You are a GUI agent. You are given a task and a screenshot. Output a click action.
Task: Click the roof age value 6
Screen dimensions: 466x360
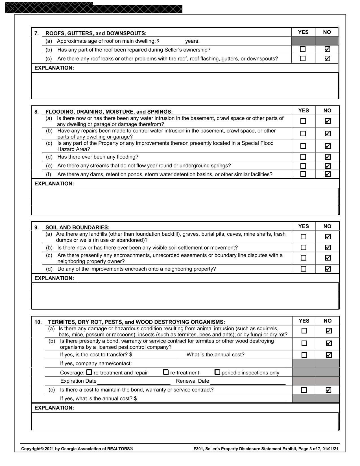tap(158, 41)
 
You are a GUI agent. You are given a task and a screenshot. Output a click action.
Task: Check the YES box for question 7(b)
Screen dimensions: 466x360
tap(303, 49)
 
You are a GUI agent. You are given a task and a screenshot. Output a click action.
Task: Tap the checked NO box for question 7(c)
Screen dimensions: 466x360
tap(327, 58)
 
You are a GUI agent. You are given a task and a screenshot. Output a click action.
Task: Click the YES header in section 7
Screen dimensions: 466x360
tap(303, 32)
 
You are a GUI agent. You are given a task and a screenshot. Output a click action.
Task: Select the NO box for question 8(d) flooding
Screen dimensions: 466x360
tap(328, 157)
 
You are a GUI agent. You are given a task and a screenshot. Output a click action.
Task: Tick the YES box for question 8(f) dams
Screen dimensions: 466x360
tap(303, 174)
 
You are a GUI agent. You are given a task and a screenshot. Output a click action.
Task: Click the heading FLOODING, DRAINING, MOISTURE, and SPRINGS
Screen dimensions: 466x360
tap(109, 112)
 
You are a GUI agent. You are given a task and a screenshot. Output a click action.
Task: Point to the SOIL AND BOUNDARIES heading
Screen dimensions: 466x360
tap(77, 227)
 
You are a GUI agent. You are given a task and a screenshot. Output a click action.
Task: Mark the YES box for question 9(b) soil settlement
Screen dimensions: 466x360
tap(304, 248)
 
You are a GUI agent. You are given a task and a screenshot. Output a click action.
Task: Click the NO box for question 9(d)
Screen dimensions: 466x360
tap(328, 269)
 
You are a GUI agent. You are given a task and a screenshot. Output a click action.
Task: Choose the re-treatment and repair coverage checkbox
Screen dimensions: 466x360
tap(89, 372)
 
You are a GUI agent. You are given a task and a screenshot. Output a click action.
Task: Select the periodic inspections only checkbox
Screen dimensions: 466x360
tap(217, 372)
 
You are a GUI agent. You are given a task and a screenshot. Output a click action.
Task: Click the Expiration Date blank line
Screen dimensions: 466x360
tap(134, 382)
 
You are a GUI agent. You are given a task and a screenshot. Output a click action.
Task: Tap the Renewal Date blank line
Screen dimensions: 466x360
tap(248, 382)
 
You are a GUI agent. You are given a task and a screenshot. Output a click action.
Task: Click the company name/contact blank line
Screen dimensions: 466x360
tap(209, 364)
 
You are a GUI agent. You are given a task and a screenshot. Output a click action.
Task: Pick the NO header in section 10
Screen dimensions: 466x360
tap(328, 321)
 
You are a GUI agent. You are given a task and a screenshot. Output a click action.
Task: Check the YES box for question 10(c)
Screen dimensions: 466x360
tap(304, 390)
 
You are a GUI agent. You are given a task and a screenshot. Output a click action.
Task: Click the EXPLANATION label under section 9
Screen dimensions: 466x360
tap(54, 278)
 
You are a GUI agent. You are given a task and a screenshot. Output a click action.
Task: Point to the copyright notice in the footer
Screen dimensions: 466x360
tap(77, 449)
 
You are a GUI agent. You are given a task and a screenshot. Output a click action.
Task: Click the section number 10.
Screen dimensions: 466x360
tap(38, 322)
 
